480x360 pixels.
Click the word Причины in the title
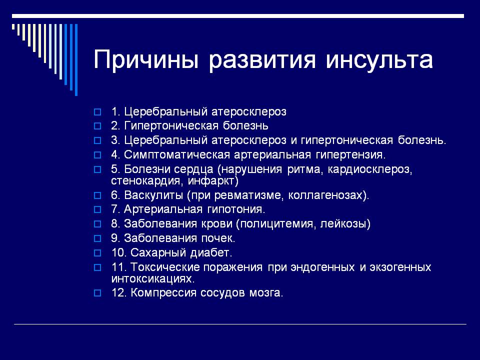(x=146, y=59)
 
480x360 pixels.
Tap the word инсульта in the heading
(x=379, y=59)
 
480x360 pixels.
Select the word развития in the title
(x=262, y=59)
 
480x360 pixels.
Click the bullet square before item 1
(x=97, y=112)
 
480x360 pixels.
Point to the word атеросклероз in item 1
(x=249, y=111)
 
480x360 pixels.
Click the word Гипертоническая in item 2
(x=171, y=126)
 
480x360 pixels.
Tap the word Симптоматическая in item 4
(x=177, y=154)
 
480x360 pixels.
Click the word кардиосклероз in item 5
(x=370, y=169)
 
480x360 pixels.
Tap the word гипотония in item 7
(x=236, y=209)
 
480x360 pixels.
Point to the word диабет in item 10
(x=211, y=252)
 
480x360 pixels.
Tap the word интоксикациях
(x=153, y=278)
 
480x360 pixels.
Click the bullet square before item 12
(x=97, y=293)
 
